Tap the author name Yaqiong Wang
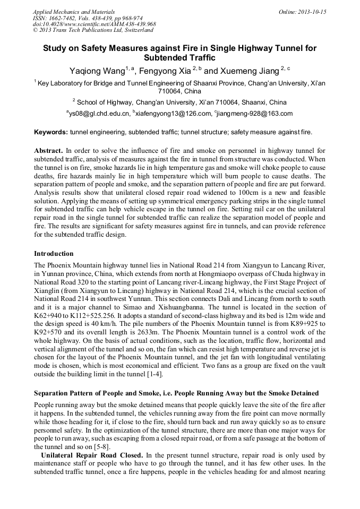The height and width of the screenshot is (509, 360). coord(97,71)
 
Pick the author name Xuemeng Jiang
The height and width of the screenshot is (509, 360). coord(249,71)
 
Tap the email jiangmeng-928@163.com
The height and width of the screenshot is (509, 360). coord(255,114)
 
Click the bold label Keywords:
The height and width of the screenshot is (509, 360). coord(50,132)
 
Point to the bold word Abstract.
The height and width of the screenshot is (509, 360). coord(49,151)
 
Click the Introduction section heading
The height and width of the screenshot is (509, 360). coord(54,254)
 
